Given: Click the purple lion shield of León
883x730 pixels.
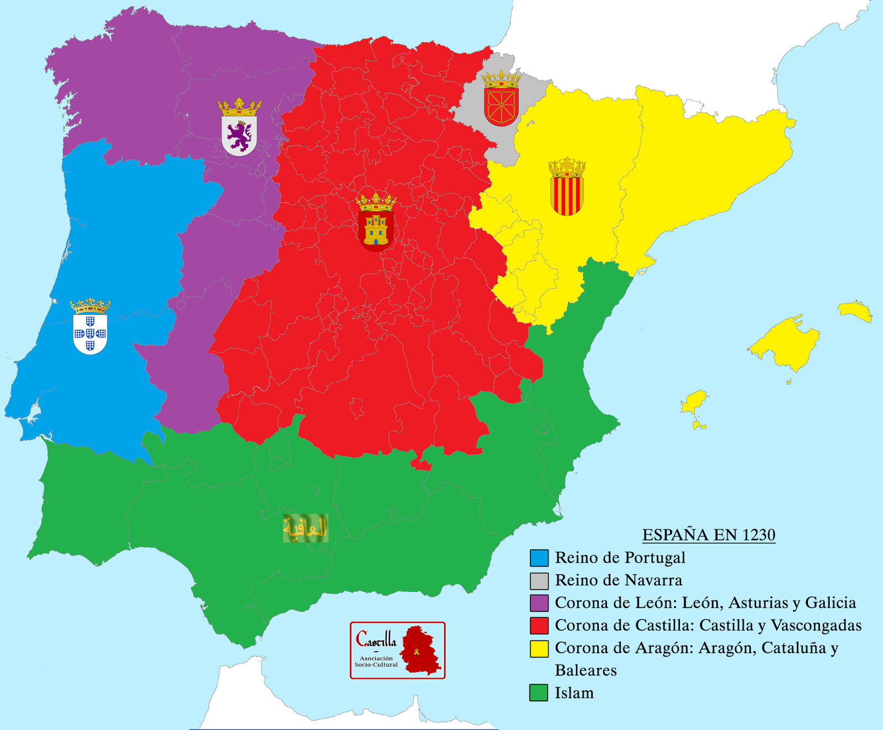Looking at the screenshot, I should pyautogui.click(x=239, y=135).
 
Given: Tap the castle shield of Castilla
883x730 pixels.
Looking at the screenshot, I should pyautogui.click(x=376, y=230).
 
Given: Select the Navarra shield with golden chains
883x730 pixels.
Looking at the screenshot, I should pyautogui.click(x=501, y=105).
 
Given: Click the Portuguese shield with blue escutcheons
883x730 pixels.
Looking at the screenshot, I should pyautogui.click(x=90, y=333).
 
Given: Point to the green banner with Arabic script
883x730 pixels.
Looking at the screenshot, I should pyautogui.click(x=305, y=528).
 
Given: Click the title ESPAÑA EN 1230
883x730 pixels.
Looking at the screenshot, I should pyautogui.click(x=709, y=535).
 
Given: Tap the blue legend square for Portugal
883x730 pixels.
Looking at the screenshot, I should pyautogui.click(x=539, y=558).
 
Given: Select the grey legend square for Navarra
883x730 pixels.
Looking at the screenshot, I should pyautogui.click(x=539, y=580).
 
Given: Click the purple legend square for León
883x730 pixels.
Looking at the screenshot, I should pyautogui.click(x=539, y=603).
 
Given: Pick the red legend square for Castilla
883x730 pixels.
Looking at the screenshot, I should pyautogui.click(x=539, y=626).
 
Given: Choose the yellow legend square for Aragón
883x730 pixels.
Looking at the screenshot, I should pyautogui.click(x=539, y=648).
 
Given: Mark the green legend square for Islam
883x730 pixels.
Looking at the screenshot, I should pyautogui.click(x=539, y=693).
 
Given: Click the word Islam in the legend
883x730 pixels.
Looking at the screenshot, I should pyautogui.click(x=575, y=693).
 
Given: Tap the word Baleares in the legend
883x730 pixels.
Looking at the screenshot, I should pyautogui.click(x=586, y=670).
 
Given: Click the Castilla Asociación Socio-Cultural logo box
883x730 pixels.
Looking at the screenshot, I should pyautogui.click(x=397, y=650).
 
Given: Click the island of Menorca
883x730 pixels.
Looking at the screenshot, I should pyautogui.click(x=855, y=311).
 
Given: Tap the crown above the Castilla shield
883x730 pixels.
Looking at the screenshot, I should pyautogui.click(x=376, y=202).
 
